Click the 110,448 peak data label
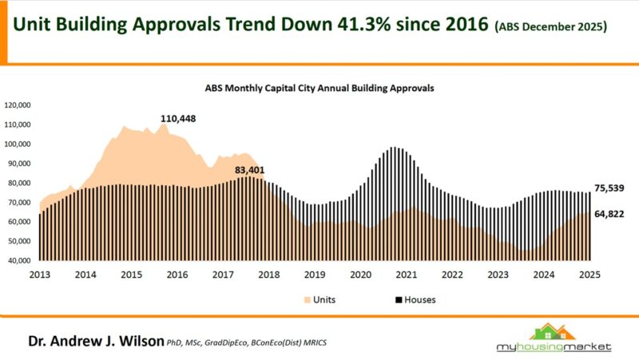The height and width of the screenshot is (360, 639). click(178, 119)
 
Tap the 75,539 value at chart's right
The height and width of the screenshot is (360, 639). click(609, 188)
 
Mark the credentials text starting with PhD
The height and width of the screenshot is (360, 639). click(247, 342)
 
